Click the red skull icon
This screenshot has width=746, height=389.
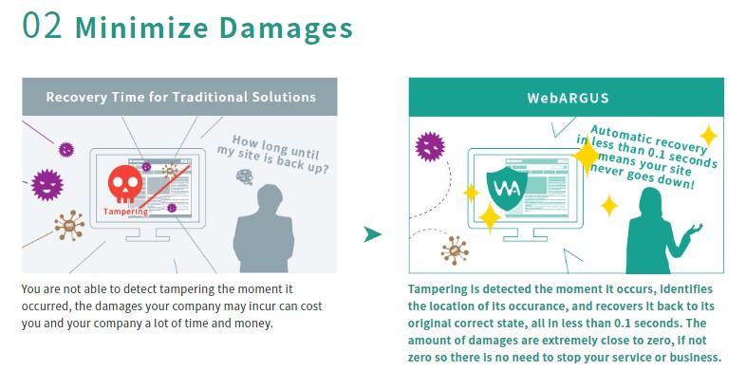125,184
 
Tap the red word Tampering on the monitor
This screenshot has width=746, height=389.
125,212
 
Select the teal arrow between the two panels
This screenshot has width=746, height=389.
372,234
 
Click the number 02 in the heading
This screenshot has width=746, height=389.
43,26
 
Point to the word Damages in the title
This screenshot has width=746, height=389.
286,28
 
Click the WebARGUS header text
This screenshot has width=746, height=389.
569,98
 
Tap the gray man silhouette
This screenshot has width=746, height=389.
264,230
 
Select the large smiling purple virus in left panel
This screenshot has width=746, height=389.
47,185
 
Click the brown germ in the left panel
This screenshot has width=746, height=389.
69,226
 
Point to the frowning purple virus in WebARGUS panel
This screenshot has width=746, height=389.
430,146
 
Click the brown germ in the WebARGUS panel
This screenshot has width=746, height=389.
455,250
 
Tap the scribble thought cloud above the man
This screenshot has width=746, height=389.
245,176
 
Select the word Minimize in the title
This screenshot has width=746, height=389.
141,28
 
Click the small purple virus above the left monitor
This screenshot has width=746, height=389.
66,150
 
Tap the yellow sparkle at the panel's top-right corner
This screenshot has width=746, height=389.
708,136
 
